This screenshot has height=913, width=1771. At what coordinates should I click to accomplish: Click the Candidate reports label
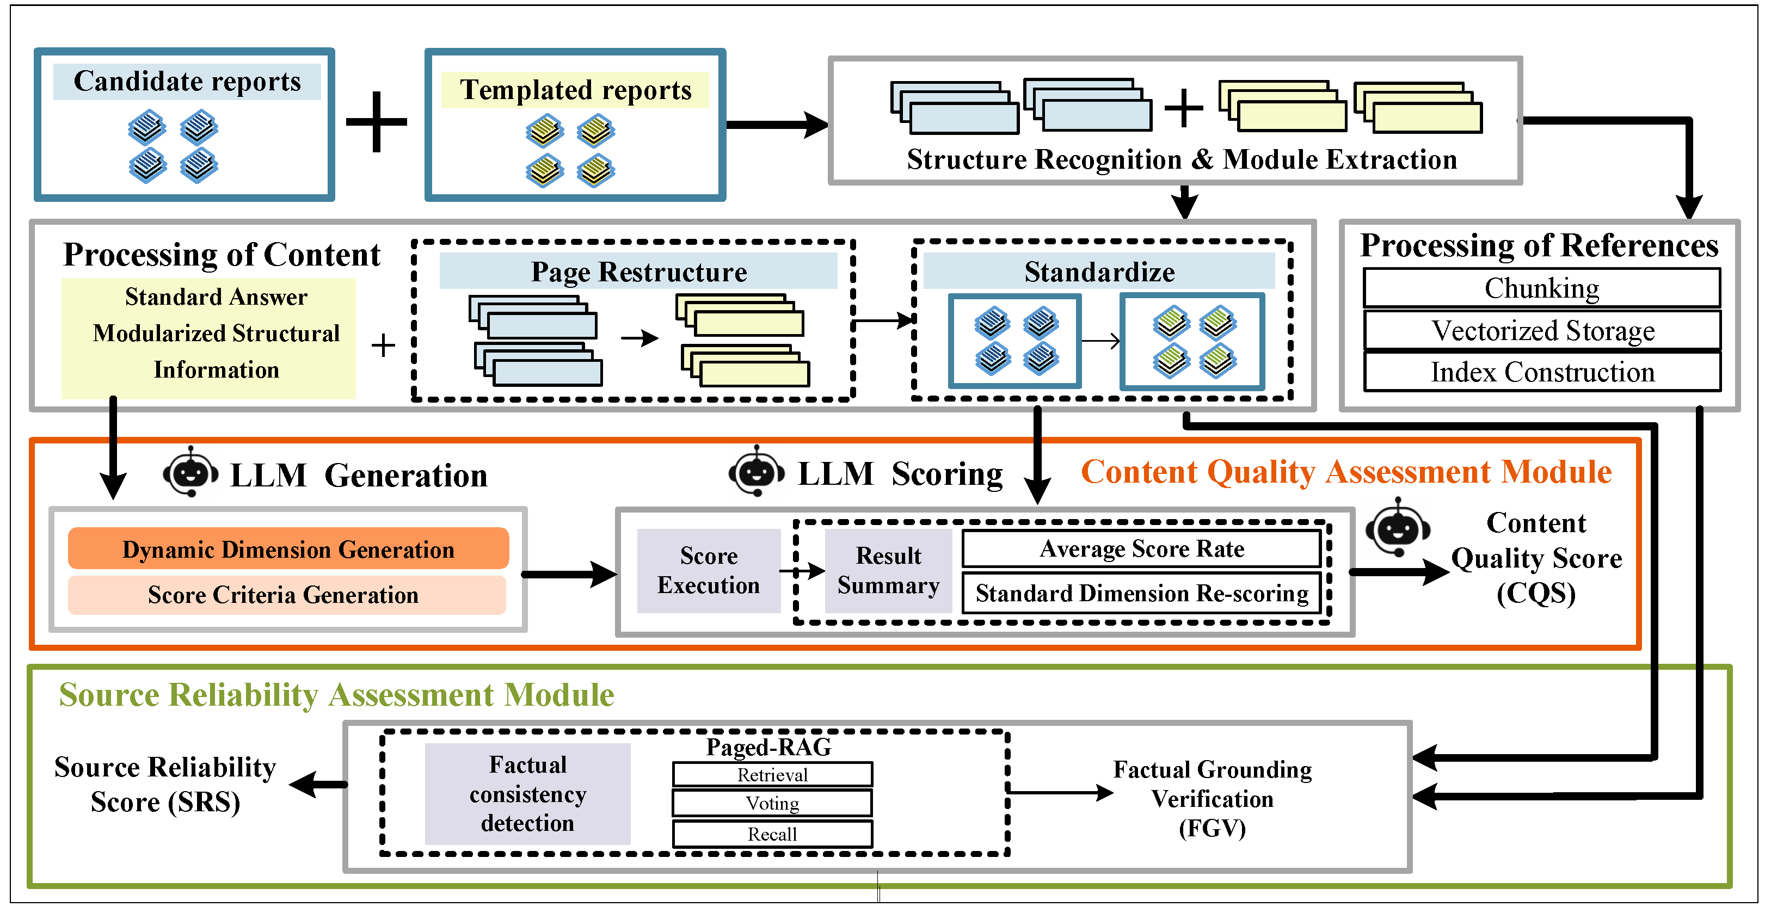coord(187,82)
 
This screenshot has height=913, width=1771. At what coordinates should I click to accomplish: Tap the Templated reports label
coord(575,90)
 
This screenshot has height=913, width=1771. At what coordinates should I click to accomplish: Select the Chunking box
coord(1541,288)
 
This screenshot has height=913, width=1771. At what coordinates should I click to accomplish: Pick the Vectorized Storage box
coord(1541,331)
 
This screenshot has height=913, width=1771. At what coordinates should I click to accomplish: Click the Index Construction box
coord(1541,372)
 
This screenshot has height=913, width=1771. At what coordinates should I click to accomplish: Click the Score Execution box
coord(708,571)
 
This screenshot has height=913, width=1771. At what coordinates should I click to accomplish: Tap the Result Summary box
coord(888,571)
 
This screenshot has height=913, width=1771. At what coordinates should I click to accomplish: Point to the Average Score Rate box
coord(1141,548)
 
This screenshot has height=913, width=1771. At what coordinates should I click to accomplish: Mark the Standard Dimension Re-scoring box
coord(1141,593)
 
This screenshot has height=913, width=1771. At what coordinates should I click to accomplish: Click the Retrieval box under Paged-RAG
coord(772,775)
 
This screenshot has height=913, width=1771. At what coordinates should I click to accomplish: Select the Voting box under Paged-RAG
coord(772,803)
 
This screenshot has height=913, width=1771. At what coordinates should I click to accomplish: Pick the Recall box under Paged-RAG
coord(772,834)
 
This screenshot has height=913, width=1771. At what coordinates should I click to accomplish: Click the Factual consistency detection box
coord(527,794)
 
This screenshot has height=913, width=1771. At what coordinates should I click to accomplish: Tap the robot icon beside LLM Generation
coord(190,472)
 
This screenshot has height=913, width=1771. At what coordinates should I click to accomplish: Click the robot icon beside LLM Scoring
coord(757,472)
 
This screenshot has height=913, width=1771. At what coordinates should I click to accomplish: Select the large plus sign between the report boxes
coord(376,122)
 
